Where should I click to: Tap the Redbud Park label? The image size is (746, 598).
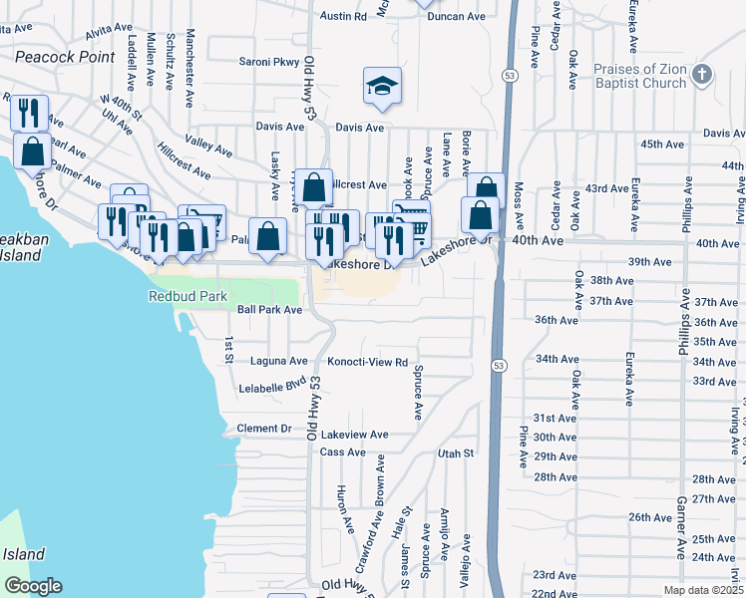187,296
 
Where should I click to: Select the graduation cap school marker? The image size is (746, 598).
381,89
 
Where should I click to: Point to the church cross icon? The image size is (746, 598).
702,75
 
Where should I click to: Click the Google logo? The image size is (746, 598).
33,586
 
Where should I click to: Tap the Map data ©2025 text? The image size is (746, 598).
703,590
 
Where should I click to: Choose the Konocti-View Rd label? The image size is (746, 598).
368,362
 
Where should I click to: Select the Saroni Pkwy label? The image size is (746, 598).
269,62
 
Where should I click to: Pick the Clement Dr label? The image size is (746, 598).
264,429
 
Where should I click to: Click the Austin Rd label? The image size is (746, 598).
344,16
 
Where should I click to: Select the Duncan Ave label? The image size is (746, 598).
457,16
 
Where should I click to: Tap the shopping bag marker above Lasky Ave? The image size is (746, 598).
313,186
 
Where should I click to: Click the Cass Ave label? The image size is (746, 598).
343,452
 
